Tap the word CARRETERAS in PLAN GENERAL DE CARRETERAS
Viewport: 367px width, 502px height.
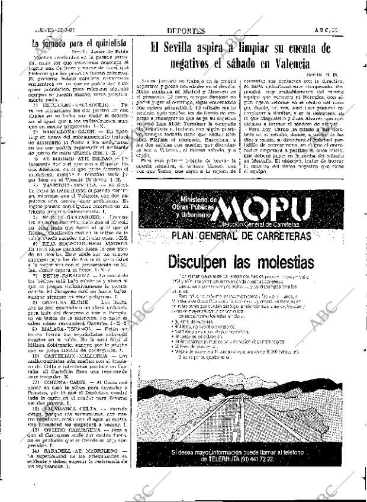(285, 237)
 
